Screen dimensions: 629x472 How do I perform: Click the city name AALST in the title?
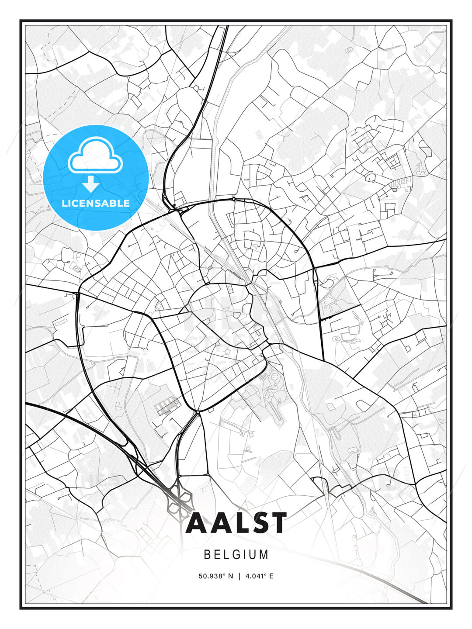pyautogui.click(x=236, y=523)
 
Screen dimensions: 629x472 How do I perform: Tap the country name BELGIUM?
pyautogui.click(x=236, y=554)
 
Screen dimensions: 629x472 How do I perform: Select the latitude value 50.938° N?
pyautogui.click(x=215, y=576)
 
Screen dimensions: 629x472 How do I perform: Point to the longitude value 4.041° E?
pyautogui.click(x=259, y=576)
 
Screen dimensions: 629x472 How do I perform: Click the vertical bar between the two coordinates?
pyautogui.click(x=239, y=576)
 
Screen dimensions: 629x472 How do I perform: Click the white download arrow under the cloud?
pyautogui.click(x=90, y=184)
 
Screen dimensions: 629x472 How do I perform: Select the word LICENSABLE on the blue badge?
pyautogui.click(x=96, y=203)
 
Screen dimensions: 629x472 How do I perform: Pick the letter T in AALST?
pyautogui.click(x=278, y=523)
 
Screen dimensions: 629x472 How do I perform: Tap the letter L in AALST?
pyautogui.click(x=237, y=523)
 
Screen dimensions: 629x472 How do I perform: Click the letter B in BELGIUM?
pyautogui.click(x=207, y=554)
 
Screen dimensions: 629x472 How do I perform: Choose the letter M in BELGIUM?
pyautogui.click(x=264, y=554)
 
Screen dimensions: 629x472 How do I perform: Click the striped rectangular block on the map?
pyautogui.click(x=166, y=405)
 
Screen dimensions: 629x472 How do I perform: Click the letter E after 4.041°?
pyautogui.click(x=271, y=576)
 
